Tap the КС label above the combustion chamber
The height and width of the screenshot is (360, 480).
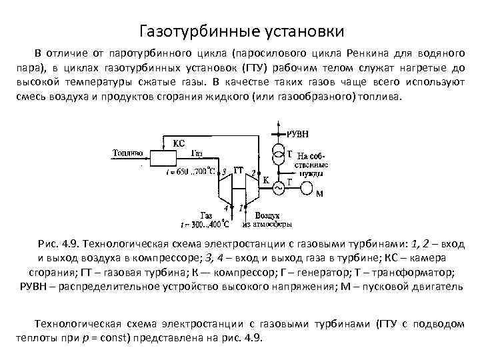(x=178, y=143)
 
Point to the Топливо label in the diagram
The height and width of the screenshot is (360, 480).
(x=127, y=153)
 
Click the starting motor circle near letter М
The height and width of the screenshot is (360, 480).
(x=309, y=187)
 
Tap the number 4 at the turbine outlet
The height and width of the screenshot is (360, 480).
(x=226, y=209)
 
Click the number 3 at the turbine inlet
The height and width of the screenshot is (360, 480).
(x=224, y=172)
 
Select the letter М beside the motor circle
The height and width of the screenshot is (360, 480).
(x=319, y=195)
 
